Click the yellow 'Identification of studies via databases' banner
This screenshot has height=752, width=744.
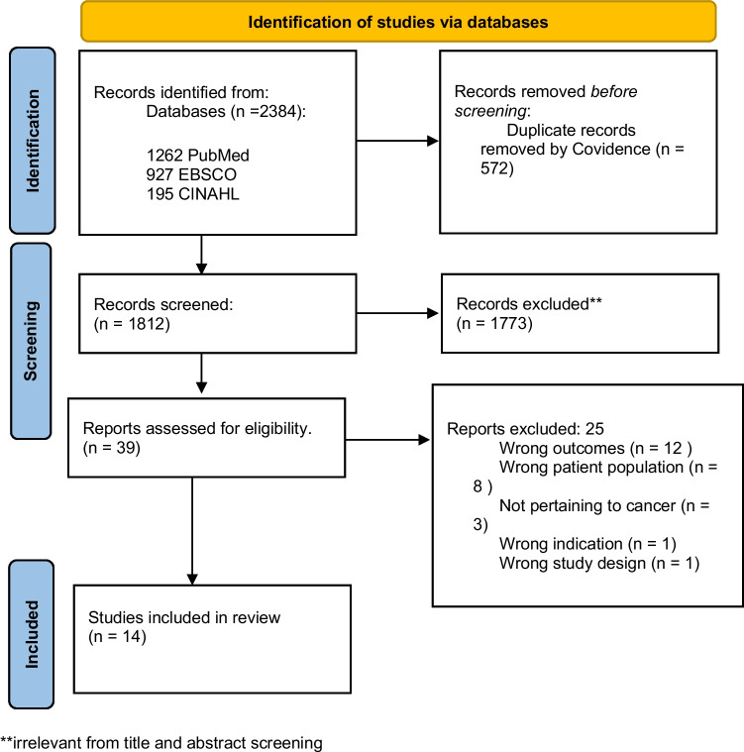pyautogui.click(x=398, y=21)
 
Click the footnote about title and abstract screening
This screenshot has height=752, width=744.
pyautogui.click(x=162, y=741)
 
